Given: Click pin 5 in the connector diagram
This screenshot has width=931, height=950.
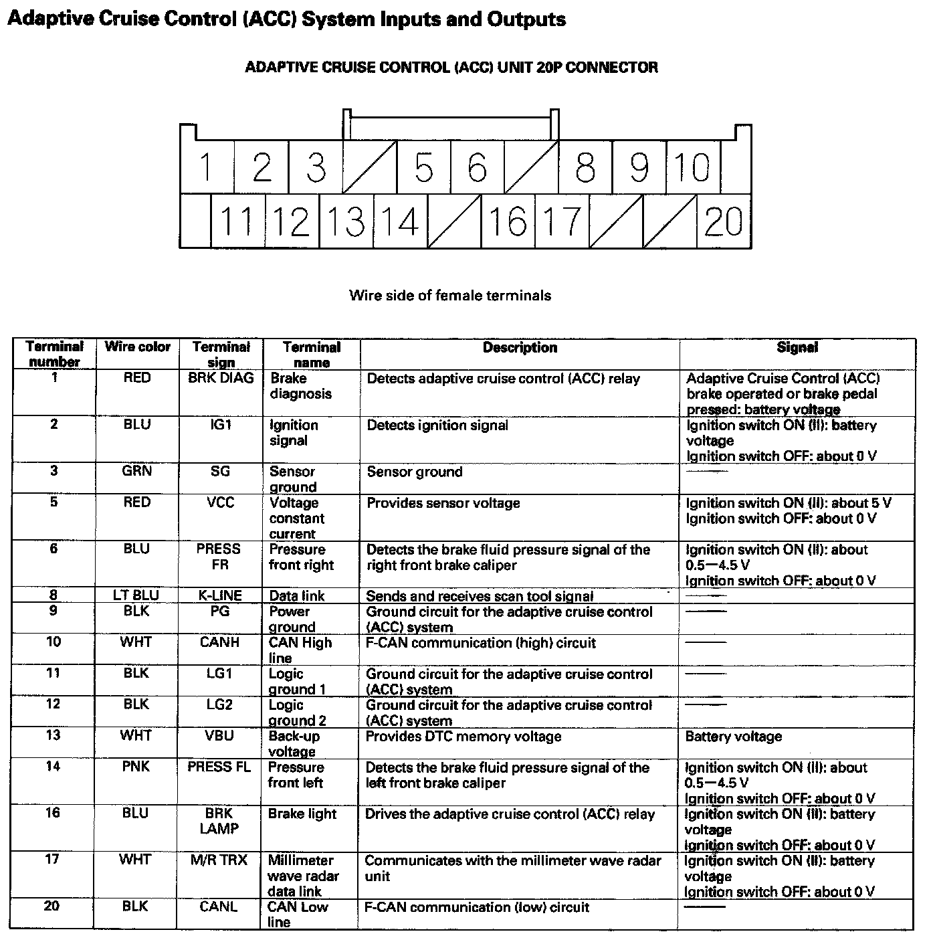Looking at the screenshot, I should point(423,167).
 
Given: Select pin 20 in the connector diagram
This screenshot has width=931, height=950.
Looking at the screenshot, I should point(723,221).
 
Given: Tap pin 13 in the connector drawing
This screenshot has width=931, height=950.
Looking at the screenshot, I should point(346,221).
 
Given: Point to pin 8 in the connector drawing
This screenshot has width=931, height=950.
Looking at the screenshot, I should point(585,167).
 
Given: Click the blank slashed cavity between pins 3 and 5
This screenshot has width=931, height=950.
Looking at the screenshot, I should point(369,167).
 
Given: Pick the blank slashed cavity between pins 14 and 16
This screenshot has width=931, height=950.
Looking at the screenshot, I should point(454,221).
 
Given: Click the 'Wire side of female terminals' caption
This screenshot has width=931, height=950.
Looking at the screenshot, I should point(450,295).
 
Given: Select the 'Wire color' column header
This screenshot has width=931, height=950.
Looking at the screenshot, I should point(138,347).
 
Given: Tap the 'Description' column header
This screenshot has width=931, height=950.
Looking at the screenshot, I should point(520,347).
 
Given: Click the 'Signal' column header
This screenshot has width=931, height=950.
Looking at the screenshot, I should point(797,347).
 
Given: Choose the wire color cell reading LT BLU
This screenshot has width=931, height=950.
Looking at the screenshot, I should point(136,595).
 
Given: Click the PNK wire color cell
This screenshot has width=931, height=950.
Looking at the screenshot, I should point(136,767).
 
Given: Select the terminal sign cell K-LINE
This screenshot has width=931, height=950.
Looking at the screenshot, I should point(220,595).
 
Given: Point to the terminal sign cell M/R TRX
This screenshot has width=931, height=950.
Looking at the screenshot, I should point(219,860).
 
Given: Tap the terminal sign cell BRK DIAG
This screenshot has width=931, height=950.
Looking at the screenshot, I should point(221,378).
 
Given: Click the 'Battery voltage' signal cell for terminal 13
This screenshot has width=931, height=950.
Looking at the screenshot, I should point(734,737).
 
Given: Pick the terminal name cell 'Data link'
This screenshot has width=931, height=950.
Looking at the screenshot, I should point(296,596).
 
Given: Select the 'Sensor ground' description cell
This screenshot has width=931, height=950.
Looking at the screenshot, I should point(415,472).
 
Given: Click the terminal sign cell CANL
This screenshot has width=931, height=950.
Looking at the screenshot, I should point(219,907).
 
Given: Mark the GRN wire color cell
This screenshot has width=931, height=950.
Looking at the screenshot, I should point(137,471).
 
